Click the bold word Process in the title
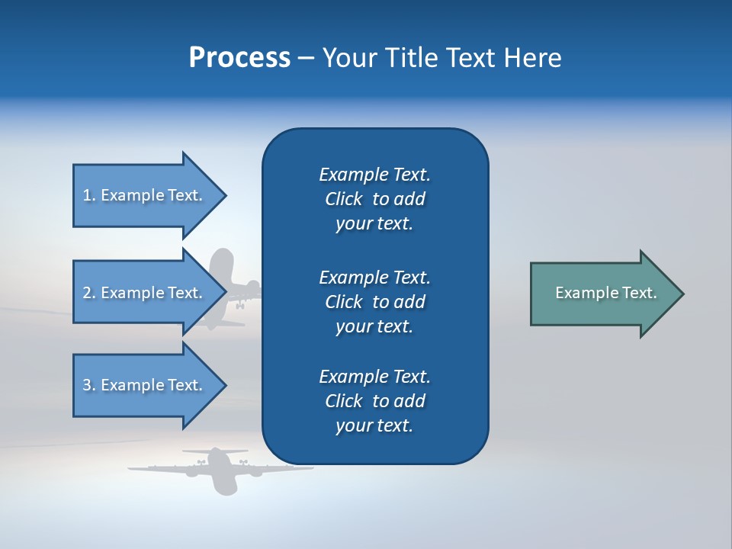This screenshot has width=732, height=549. [x=239, y=58]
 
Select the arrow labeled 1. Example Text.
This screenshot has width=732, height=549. [x=145, y=195]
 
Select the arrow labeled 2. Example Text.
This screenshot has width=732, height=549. [x=145, y=293]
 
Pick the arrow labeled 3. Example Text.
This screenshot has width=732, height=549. [x=145, y=385]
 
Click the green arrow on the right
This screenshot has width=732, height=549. [x=602, y=294]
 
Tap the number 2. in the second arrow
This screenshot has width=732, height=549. [x=89, y=293]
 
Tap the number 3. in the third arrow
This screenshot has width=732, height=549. [x=89, y=385]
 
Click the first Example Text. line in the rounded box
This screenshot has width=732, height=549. [x=374, y=175]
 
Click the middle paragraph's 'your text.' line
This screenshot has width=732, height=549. [x=374, y=326]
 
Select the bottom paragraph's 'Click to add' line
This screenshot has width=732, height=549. [x=374, y=401]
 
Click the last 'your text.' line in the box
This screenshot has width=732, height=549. [x=374, y=425]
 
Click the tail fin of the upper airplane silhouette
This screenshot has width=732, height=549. [x=222, y=264]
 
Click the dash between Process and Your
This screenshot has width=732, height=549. [x=306, y=58]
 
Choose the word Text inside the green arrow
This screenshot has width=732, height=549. [x=640, y=293]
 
